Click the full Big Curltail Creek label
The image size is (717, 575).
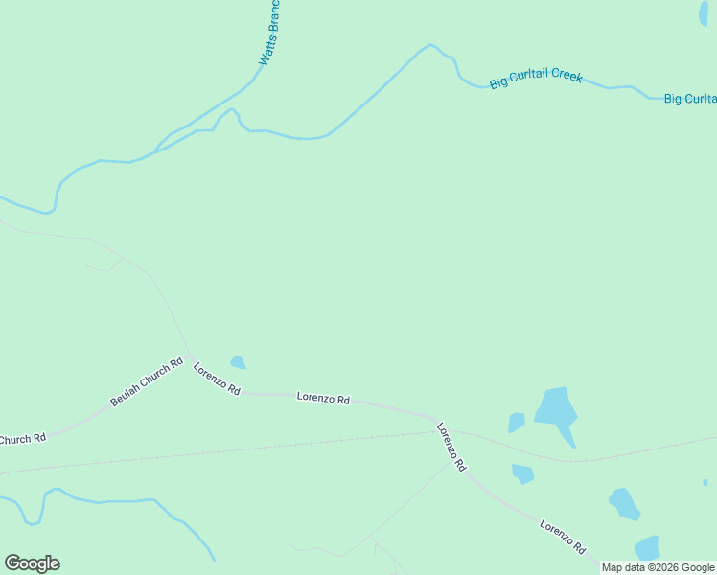point(536,78)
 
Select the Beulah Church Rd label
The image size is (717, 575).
point(146,382)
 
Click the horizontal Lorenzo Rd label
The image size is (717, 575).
point(323,398)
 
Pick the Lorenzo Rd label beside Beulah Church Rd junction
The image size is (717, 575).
point(217,379)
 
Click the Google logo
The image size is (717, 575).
point(32,563)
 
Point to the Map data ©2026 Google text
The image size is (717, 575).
point(658,567)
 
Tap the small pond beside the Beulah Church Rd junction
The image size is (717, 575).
point(238,362)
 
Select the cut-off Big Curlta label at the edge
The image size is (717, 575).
point(690,99)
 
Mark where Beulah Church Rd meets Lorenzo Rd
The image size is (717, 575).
point(190,357)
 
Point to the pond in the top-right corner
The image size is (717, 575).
point(705,12)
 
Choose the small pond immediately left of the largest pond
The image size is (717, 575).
point(516,422)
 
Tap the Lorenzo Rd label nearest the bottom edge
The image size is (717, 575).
point(563,537)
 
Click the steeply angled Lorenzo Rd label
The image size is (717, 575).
point(451,447)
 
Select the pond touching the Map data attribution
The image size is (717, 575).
point(647,548)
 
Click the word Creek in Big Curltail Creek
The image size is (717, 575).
point(565,75)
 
